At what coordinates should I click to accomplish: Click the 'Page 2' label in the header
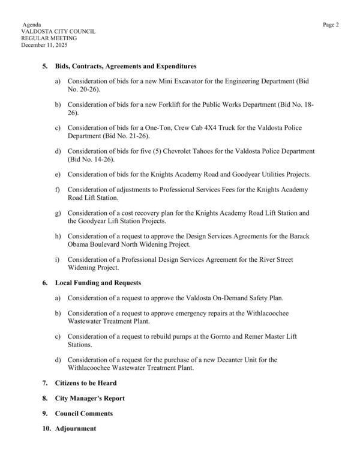coord(331,25)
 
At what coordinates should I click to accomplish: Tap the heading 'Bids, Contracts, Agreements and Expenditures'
coord(126,66)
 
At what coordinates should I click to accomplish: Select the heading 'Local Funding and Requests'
coord(98,282)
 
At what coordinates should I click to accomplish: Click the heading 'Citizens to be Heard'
coord(86,383)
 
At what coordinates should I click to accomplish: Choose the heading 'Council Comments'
coord(83,414)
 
